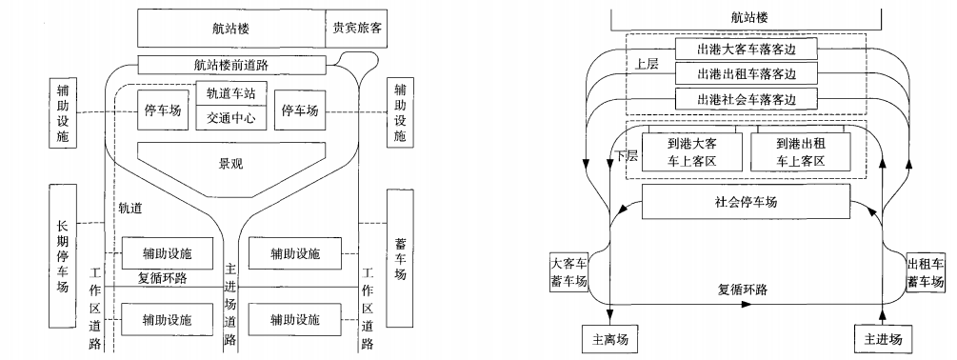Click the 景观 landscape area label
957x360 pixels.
(x=231, y=163)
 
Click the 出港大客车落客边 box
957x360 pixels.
(x=748, y=48)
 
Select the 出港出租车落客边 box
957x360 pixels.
(x=748, y=73)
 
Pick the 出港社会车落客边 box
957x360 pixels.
(x=748, y=99)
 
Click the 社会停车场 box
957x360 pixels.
(x=746, y=201)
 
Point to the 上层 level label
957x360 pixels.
(x=647, y=66)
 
